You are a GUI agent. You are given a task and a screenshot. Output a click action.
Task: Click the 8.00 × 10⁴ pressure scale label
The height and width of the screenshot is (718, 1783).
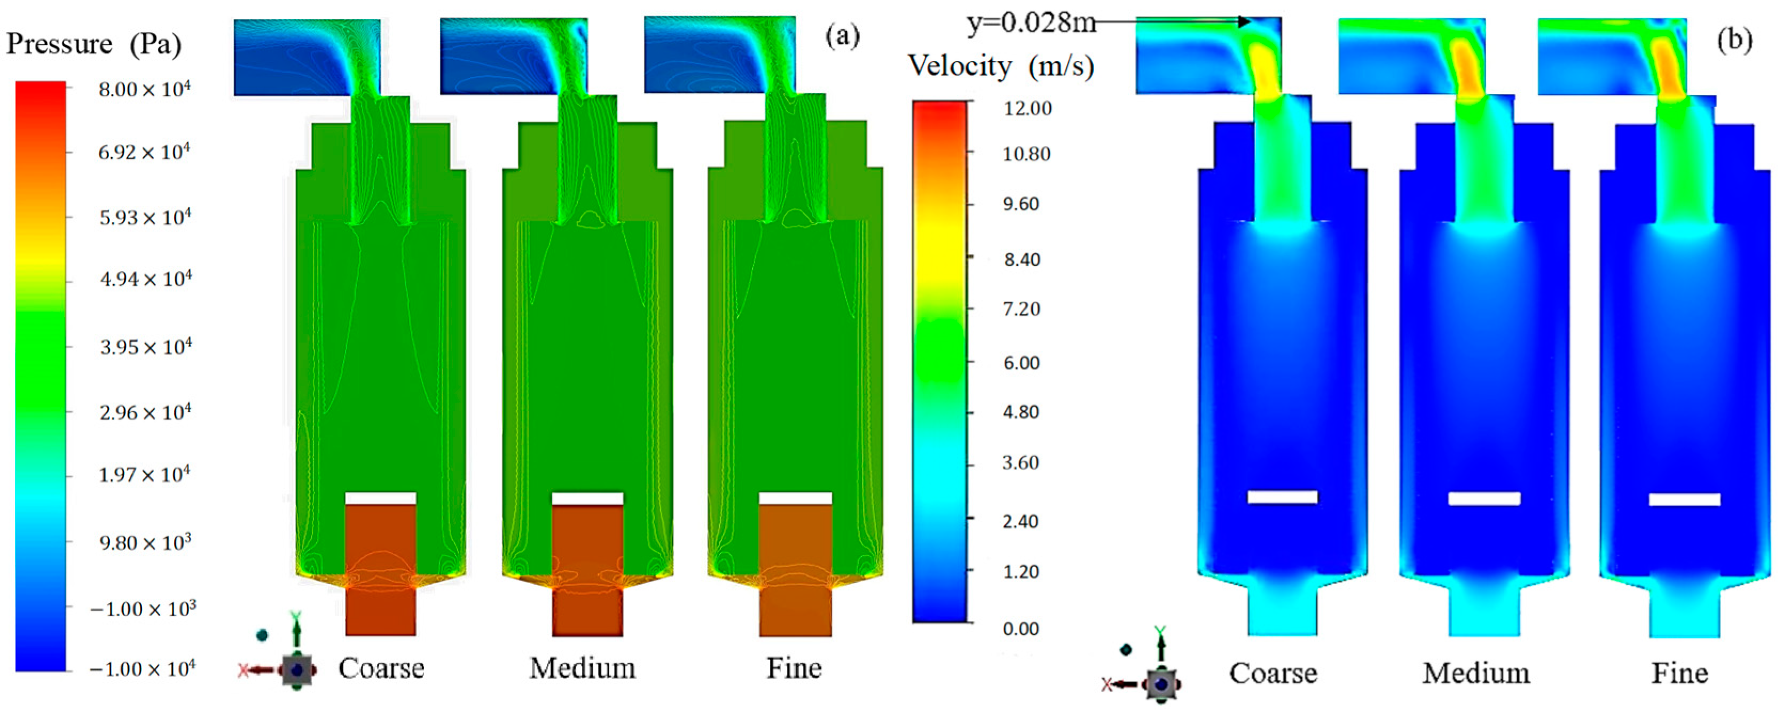click(x=145, y=89)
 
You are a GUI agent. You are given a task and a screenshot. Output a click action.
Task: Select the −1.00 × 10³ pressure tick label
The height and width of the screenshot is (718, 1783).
click(x=143, y=609)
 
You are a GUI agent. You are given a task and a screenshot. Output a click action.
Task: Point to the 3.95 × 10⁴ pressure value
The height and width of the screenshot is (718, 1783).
click(x=146, y=346)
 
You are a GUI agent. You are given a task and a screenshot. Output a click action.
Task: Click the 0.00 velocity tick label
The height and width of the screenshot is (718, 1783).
click(x=1021, y=629)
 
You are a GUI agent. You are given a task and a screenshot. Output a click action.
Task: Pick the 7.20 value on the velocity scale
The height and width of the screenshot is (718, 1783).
click(x=1022, y=308)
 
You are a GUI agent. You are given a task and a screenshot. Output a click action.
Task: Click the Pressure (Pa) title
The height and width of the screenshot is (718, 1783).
click(x=94, y=44)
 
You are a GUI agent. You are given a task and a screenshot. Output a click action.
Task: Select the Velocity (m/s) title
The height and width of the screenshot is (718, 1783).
click(x=1001, y=66)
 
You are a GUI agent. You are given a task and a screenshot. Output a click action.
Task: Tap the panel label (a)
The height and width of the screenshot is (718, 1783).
click(x=842, y=35)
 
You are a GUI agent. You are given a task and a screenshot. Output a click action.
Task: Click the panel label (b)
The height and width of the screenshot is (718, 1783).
click(x=1734, y=39)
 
